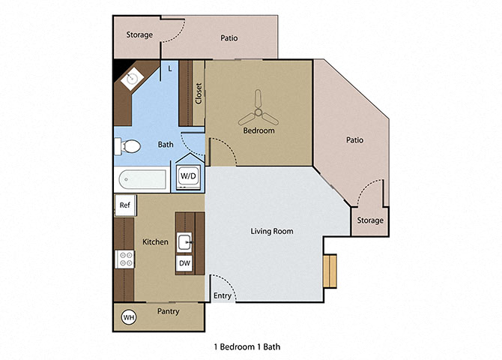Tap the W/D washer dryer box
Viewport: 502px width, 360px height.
pyautogui.click(x=187, y=176)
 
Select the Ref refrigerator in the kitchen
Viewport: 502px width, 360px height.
pyautogui.click(x=124, y=204)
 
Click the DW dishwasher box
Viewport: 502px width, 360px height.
pyautogui.click(x=184, y=263)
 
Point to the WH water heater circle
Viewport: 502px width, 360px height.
pyautogui.click(x=129, y=318)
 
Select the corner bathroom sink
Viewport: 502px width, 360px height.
pyautogui.click(x=133, y=77)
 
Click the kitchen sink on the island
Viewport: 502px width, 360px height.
pyautogui.click(x=185, y=241)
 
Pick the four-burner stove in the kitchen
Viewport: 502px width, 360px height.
pyautogui.click(x=124, y=259)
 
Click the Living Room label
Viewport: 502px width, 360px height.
pyautogui.click(x=271, y=231)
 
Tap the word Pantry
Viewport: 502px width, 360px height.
pyautogui.click(x=168, y=311)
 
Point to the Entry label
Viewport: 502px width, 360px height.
pyautogui.click(x=223, y=296)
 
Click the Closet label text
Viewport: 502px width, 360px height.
pyautogui.click(x=199, y=94)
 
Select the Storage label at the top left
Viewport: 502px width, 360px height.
pyautogui.click(x=139, y=34)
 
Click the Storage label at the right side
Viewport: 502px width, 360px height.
pyautogui.click(x=370, y=220)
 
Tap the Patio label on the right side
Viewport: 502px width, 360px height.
pyautogui.click(x=354, y=139)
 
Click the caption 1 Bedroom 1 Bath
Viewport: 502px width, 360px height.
pyautogui.click(x=247, y=346)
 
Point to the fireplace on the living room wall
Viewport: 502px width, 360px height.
pyautogui.click(x=330, y=270)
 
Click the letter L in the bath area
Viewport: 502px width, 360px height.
pyautogui.click(x=170, y=69)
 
